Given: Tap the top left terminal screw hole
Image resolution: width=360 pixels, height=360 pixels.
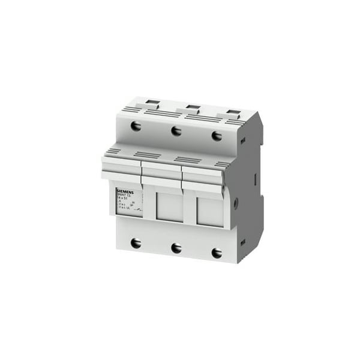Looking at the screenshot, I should (x=136, y=126).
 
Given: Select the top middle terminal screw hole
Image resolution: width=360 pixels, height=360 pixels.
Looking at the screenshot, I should (x=176, y=131).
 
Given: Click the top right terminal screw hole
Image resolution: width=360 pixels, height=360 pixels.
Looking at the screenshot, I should (x=217, y=136).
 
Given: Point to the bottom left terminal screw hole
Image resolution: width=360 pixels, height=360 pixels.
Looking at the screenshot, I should (x=136, y=242).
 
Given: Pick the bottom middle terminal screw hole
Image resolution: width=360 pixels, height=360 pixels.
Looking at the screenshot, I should (x=176, y=247).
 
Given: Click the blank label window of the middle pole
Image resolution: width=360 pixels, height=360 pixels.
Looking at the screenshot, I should (x=169, y=206).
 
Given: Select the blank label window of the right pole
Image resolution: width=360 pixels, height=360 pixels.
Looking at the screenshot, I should (x=210, y=211).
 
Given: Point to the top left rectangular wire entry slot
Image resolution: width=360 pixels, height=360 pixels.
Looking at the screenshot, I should (x=152, y=103).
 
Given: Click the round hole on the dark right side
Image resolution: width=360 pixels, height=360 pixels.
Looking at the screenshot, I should (x=235, y=203).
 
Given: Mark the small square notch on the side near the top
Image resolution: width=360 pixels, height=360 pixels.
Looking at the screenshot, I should (x=242, y=141).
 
